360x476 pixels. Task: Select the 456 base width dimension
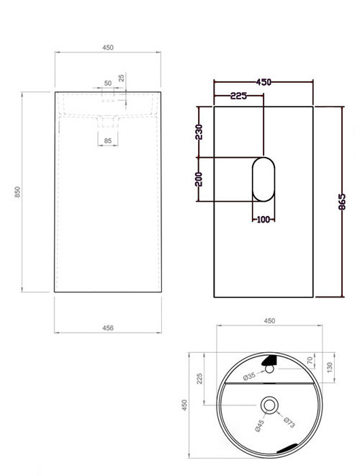109,328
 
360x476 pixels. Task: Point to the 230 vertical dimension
199,133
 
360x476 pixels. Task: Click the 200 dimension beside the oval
199,178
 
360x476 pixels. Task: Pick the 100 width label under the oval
262,219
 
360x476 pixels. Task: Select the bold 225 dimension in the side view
240,95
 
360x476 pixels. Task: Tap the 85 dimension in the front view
107,140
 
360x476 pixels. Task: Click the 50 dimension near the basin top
107,84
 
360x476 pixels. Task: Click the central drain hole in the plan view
270,405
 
